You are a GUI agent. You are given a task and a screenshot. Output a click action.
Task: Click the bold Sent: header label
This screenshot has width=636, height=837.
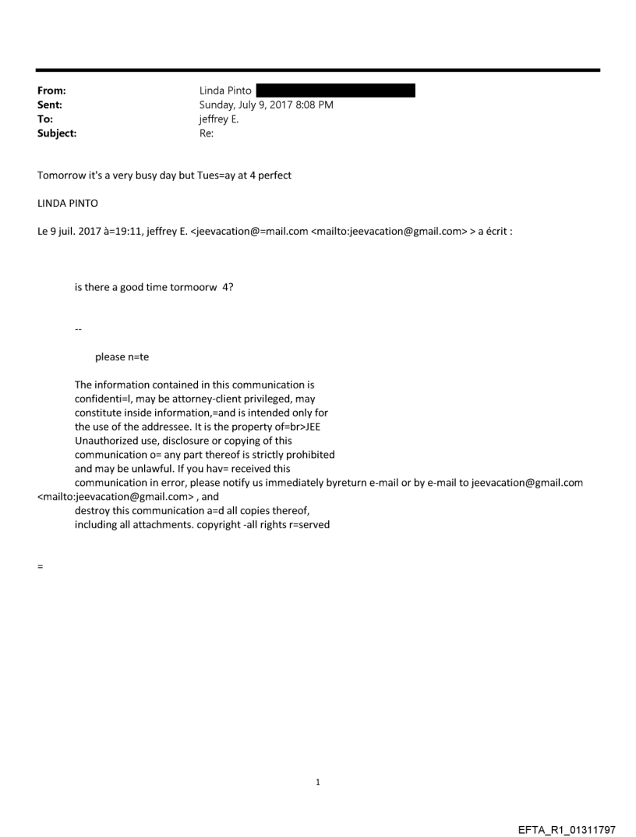(x=49, y=105)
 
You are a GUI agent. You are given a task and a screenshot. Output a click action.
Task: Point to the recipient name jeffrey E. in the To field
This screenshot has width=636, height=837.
(x=221, y=119)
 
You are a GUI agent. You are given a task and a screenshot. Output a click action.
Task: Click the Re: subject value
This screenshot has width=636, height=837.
(x=207, y=133)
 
